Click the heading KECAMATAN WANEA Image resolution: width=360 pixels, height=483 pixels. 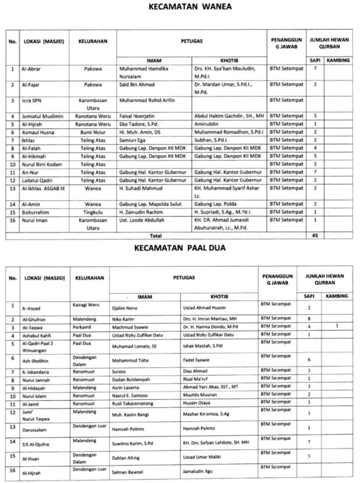point(184,8)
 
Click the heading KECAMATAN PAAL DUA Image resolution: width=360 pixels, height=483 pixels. point(180,247)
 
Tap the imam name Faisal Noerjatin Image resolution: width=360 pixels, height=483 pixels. point(137,116)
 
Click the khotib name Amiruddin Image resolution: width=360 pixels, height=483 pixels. point(209,124)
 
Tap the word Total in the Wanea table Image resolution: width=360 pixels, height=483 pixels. point(155,235)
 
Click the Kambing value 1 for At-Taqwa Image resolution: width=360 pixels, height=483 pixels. point(337,326)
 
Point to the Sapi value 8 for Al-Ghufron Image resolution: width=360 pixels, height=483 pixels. point(309,319)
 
